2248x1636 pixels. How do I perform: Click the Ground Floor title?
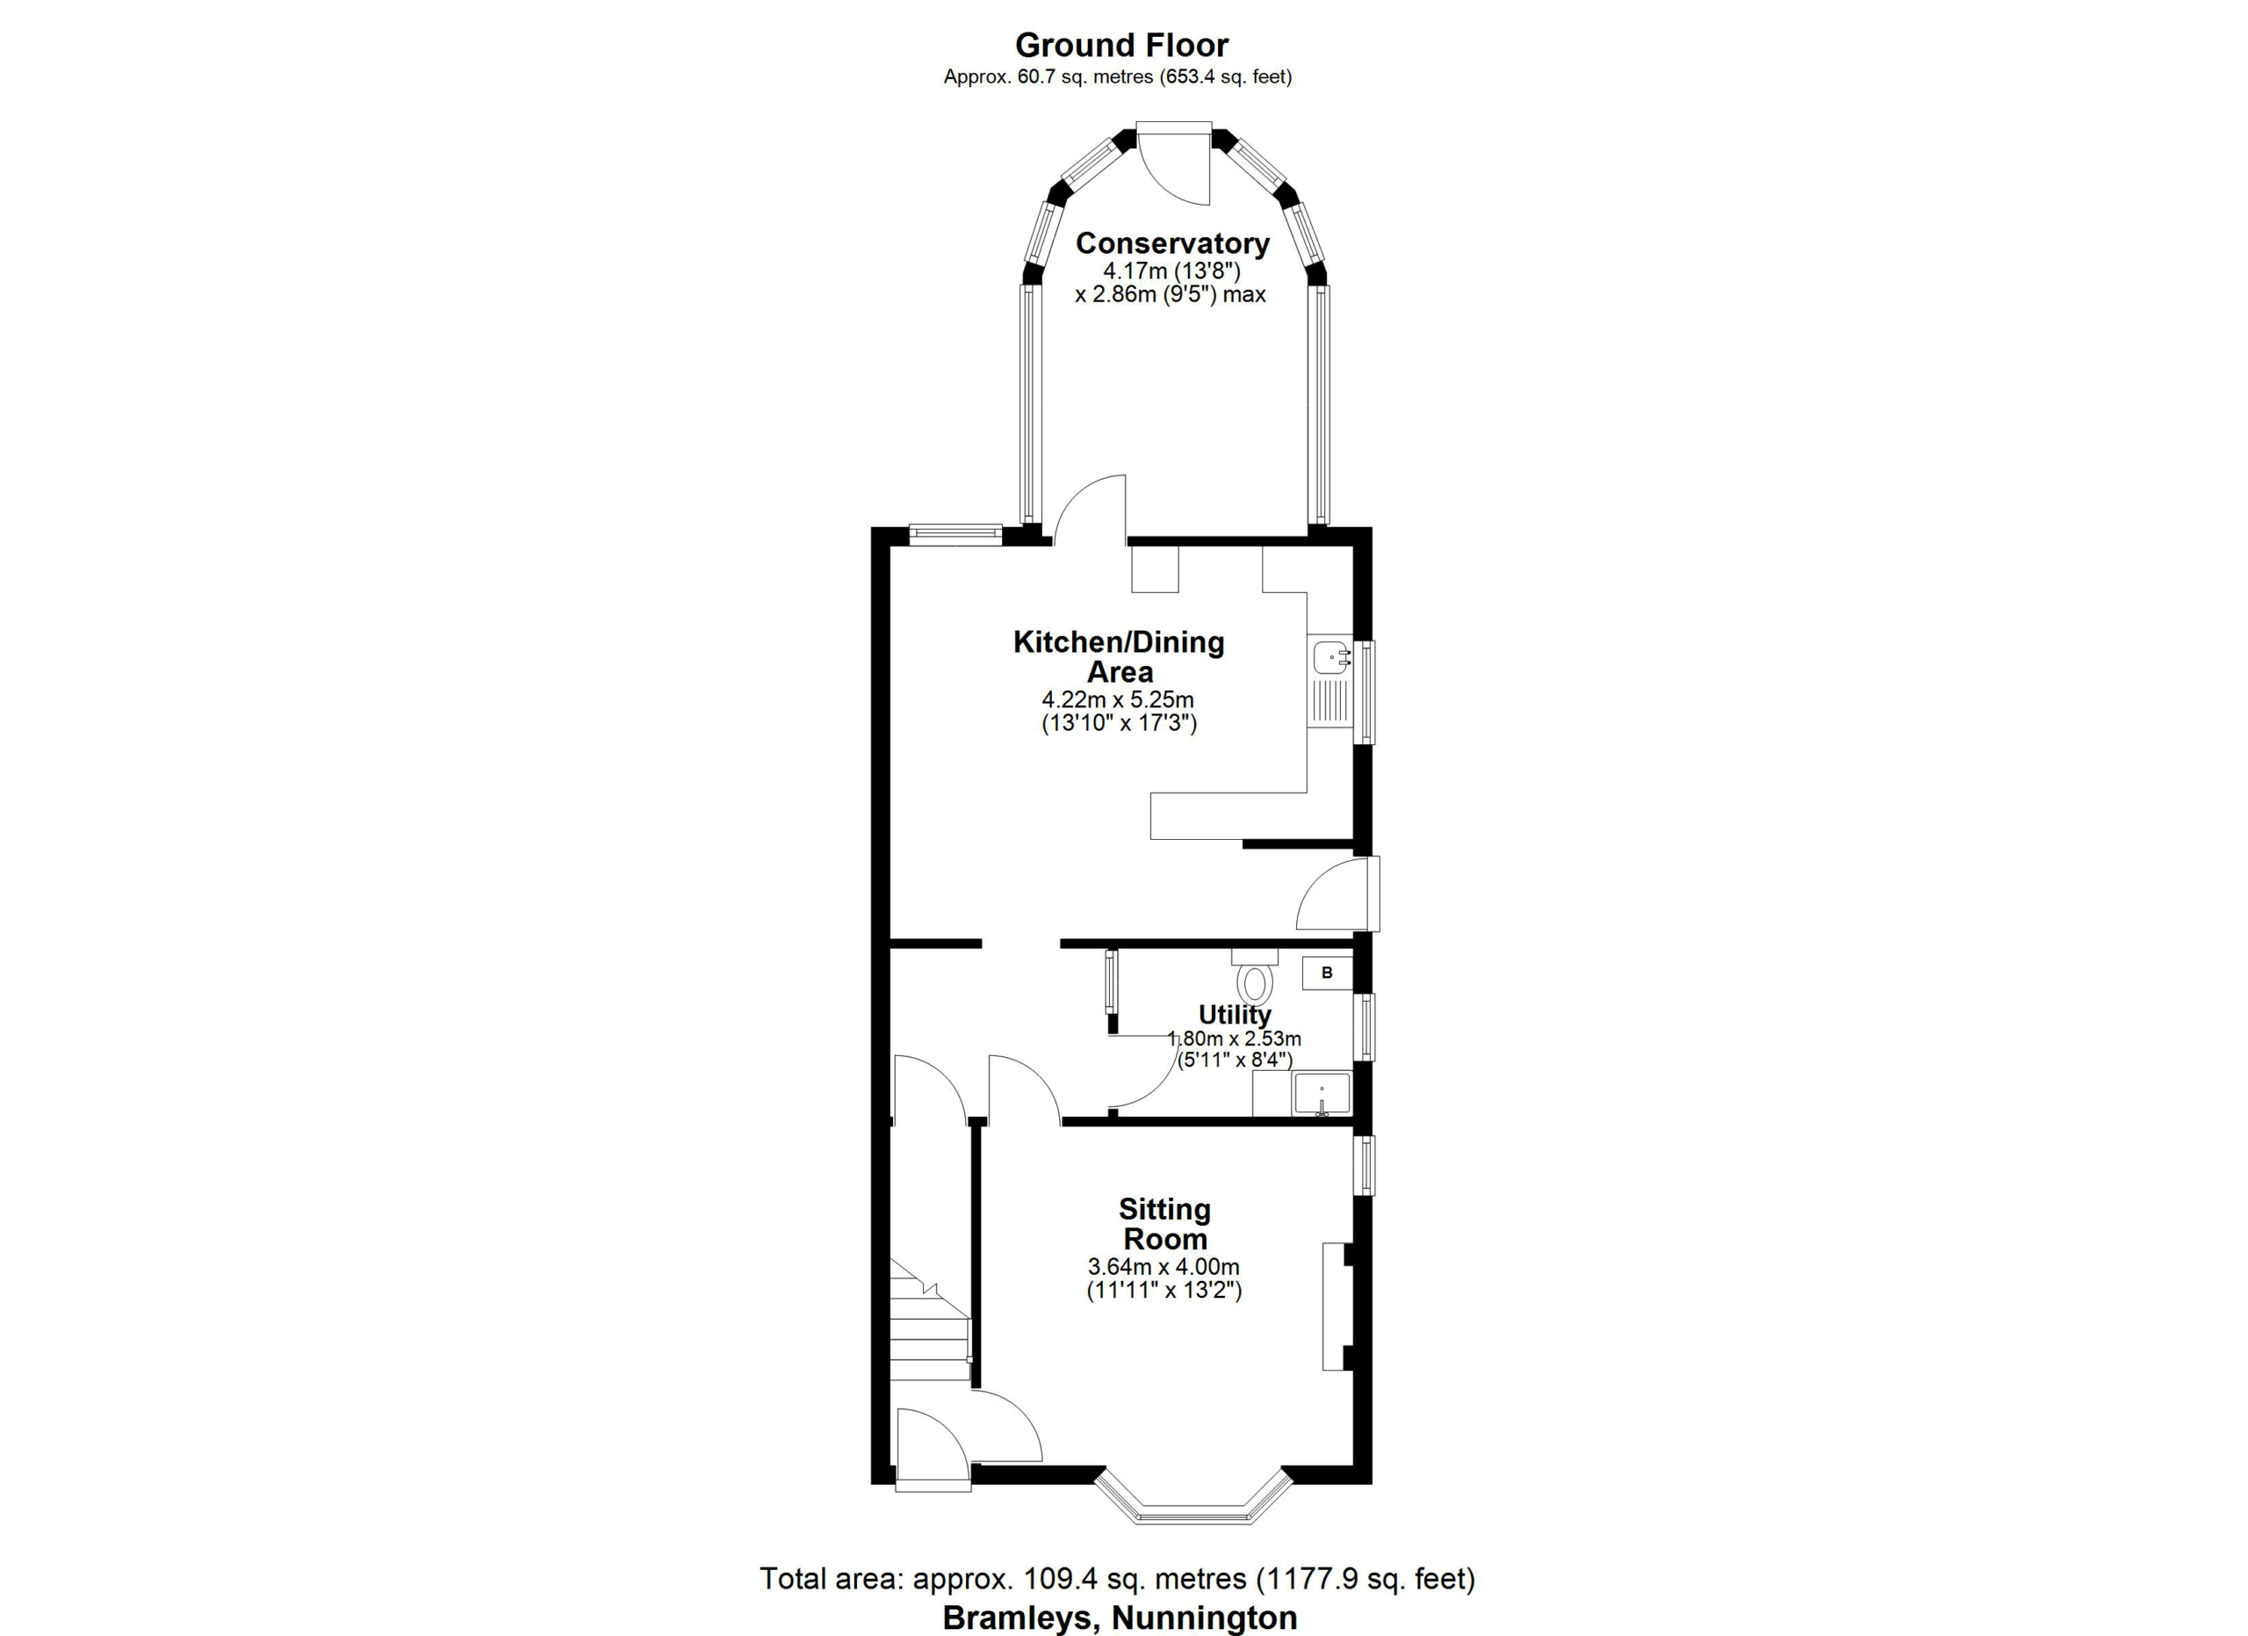(1121, 45)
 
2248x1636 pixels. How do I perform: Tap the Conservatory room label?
(1172, 243)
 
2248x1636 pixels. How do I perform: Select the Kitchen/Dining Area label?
(1119, 656)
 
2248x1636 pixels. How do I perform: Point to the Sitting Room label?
(1164, 1224)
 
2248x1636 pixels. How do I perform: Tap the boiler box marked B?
(1327, 973)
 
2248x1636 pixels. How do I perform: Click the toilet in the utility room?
(1255, 977)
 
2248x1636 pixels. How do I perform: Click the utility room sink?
(1322, 1094)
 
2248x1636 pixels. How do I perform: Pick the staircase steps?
(929, 1321)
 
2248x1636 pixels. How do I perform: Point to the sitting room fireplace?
(1338, 1306)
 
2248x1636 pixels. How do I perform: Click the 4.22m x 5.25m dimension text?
(1118, 699)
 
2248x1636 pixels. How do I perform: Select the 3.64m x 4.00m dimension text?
(1164, 1266)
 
